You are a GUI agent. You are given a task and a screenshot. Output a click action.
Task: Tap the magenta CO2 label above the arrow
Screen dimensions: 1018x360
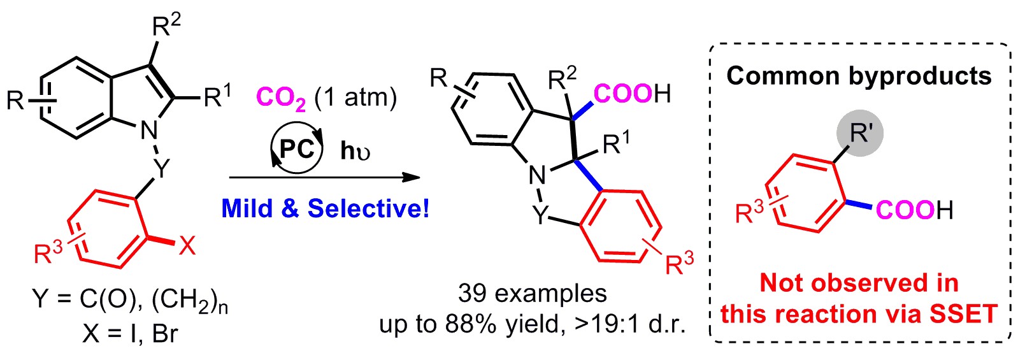click(282, 99)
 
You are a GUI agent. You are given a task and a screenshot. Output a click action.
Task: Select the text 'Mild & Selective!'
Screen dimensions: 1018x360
click(326, 208)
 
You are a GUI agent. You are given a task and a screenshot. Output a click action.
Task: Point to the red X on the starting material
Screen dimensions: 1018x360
click(186, 247)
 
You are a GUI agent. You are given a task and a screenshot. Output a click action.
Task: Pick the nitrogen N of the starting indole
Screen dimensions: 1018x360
click(149, 131)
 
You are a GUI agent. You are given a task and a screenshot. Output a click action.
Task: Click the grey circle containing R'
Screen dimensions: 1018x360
click(860, 133)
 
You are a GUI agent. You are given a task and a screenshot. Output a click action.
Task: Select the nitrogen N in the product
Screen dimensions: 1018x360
click(538, 176)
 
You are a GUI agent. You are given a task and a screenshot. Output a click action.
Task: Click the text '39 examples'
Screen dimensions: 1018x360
click(532, 293)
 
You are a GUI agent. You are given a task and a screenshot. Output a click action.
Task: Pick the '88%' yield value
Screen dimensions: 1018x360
click(471, 324)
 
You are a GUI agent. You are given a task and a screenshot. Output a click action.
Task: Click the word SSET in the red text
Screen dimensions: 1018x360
click(963, 313)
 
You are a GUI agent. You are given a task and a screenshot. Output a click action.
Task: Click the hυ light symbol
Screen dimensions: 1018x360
click(355, 151)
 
